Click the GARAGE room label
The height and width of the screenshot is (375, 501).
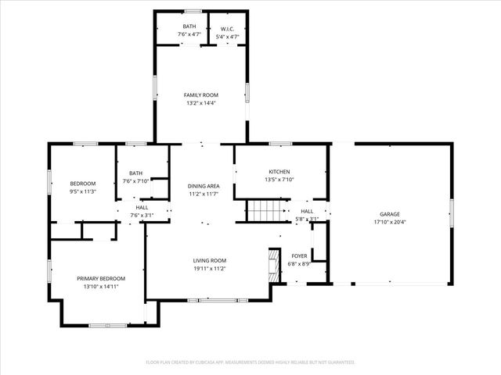pos(390,214)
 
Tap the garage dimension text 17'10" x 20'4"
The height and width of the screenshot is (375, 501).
pos(390,222)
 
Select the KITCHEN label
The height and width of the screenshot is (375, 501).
pos(279,172)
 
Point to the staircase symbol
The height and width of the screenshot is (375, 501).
pos(264,211)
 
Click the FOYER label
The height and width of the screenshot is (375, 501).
pos(299,255)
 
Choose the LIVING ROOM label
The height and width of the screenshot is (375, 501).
pos(210,260)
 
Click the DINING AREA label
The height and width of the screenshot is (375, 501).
pos(203,186)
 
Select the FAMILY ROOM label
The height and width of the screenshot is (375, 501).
pos(200,95)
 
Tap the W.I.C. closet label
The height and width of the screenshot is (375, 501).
pos(227,29)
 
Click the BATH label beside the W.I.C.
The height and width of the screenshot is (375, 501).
pos(189,27)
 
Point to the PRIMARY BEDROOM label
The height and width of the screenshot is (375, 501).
pos(100,278)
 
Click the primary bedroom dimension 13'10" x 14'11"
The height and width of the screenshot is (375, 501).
pos(100,287)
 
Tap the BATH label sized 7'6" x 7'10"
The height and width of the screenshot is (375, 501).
pos(135,173)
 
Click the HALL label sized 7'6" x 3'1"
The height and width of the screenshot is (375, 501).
pos(142,207)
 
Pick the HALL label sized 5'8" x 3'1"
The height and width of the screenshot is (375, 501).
pos(307,211)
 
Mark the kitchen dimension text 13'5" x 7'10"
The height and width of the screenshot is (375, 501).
pos(279,180)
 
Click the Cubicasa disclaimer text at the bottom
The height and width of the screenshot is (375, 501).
pos(250,362)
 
